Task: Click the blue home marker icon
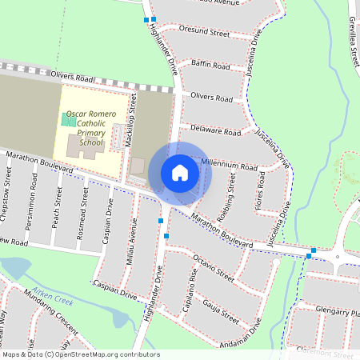pyautogui.click(x=180, y=173)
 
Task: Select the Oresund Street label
pyautogui.click(x=208, y=33)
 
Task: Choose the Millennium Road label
pyautogui.click(x=229, y=165)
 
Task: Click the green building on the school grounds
pyautogui.click(x=70, y=121)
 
